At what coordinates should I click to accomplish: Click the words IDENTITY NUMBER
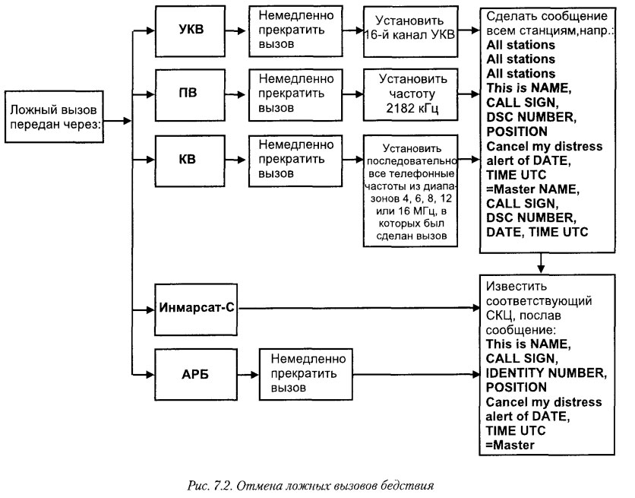[x=544, y=373]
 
